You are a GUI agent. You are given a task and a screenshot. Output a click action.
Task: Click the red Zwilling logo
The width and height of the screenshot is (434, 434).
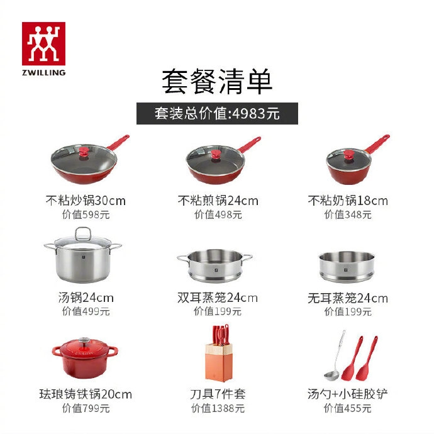(x=43, y=43)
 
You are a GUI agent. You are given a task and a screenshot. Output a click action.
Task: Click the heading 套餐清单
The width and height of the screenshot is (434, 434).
(x=217, y=82)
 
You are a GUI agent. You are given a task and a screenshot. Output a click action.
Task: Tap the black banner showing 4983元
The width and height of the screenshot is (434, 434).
(x=217, y=114)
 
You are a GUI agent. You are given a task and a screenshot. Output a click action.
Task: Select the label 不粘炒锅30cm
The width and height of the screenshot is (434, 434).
(x=86, y=201)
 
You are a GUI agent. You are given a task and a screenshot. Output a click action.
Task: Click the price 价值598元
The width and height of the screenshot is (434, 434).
(x=86, y=215)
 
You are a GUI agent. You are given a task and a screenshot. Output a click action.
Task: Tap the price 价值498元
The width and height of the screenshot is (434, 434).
(x=218, y=215)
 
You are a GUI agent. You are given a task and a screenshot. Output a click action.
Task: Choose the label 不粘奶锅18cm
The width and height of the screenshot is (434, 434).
(x=348, y=201)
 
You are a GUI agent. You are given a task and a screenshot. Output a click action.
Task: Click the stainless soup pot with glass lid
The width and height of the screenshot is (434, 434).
(x=82, y=258)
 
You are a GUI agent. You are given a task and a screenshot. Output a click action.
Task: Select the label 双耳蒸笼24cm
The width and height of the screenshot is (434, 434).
(x=218, y=298)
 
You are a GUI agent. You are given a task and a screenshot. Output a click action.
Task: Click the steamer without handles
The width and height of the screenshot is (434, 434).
(x=347, y=267)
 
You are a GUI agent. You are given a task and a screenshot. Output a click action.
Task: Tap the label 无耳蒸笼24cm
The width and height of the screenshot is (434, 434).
(x=348, y=298)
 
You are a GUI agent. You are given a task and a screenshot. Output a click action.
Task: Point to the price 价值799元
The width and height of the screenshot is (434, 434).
(x=86, y=408)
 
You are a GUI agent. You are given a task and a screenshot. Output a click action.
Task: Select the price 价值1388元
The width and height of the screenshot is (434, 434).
(x=218, y=408)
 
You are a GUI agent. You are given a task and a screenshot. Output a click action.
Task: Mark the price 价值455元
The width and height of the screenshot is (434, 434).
(x=348, y=408)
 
